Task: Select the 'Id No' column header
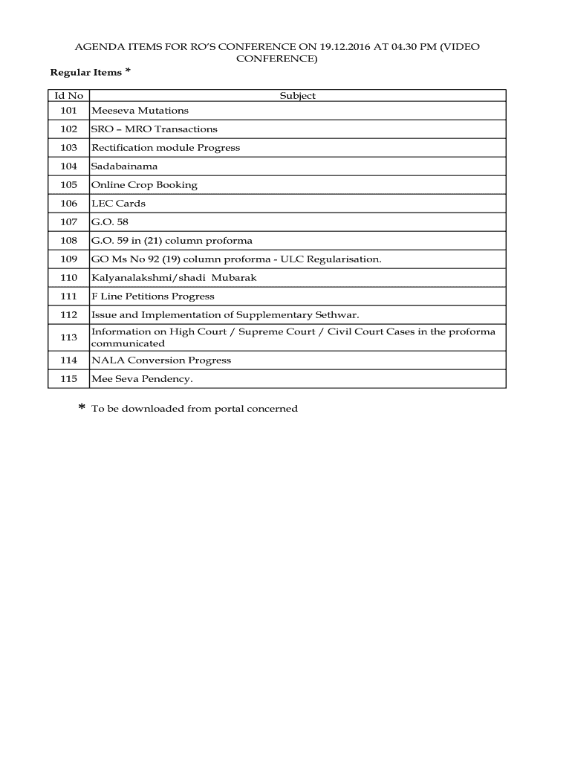68,96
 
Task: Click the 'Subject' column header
297,96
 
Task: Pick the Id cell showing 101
68,111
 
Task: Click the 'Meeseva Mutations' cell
140,111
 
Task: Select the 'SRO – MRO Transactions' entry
154,129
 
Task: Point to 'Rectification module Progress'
165,148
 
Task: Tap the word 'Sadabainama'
124,166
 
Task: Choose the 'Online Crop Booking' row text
144,185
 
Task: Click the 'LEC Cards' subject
118,204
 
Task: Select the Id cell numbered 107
68,222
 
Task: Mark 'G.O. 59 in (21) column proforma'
172,241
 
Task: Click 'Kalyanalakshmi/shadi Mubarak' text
174,278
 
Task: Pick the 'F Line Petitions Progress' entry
152,297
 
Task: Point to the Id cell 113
68,337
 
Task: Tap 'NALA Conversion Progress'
160,360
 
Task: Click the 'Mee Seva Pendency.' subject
141,379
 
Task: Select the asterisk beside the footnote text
82,408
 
